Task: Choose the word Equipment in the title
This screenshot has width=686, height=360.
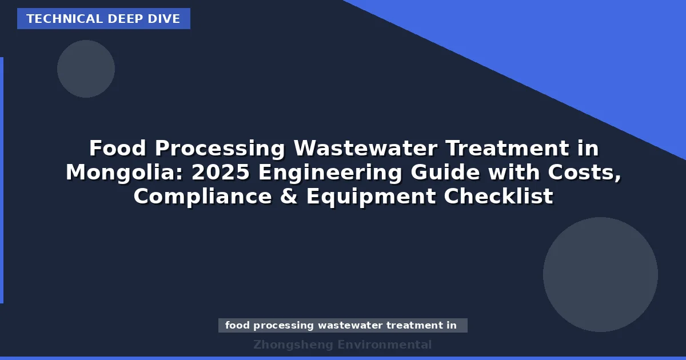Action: click(x=372, y=197)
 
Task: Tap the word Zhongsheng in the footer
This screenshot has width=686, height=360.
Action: click(x=293, y=345)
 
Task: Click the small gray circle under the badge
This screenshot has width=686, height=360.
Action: click(x=86, y=69)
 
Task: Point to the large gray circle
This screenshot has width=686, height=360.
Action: click(x=600, y=274)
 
